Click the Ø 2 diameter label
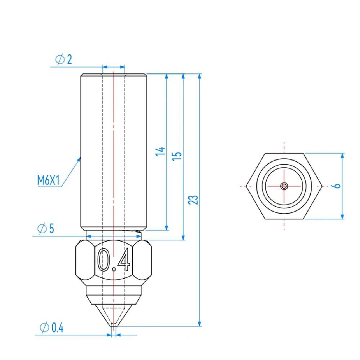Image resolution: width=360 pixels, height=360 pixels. (x=64, y=59)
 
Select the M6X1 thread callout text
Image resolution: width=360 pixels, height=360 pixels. (x=48, y=180)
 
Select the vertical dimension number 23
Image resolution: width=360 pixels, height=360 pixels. (x=193, y=200)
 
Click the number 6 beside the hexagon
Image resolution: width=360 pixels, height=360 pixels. (x=337, y=186)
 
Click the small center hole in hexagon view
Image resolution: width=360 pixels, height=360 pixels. (x=284, y=186)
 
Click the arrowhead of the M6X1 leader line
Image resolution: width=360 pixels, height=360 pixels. (x=80, y=158)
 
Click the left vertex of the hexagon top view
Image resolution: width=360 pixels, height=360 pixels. (x=247, y=186)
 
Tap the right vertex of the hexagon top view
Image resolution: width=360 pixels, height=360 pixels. (x=321, y=186)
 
